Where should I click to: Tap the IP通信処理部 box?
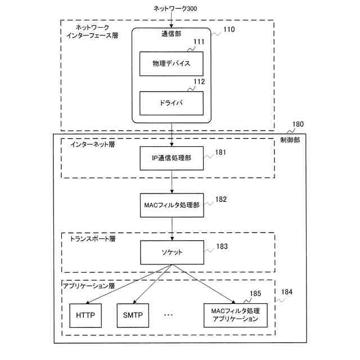171,158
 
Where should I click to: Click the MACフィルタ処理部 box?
171,205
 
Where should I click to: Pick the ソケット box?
171,253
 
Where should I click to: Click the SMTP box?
133,315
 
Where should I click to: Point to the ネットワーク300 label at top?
174,8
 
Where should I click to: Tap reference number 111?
199,42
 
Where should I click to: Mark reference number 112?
199,82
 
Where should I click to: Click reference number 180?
298,124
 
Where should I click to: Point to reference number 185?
255,294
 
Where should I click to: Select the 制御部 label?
290,140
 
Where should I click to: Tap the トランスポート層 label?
93,238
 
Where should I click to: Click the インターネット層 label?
92,145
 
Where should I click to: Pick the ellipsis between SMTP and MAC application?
169,316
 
